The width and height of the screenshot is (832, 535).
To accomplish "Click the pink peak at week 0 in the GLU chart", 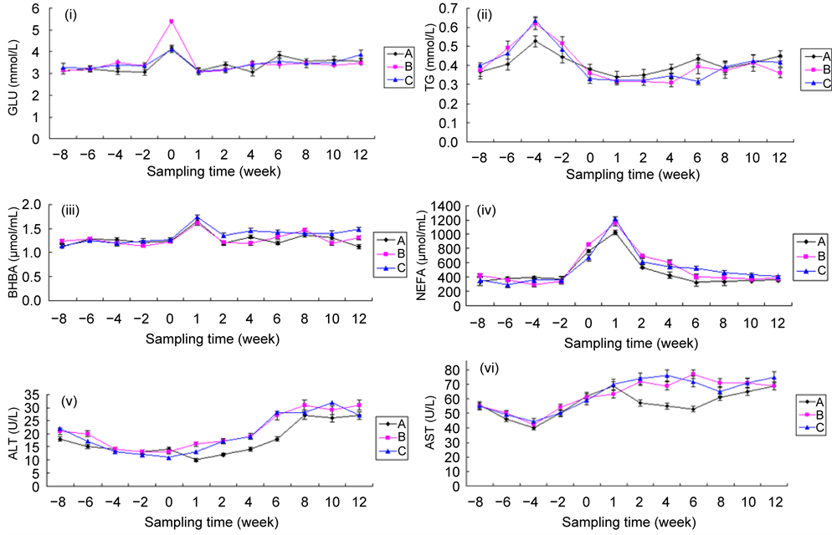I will [x=171, y=22].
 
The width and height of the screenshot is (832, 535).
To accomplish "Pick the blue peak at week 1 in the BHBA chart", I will [x=196, y=217].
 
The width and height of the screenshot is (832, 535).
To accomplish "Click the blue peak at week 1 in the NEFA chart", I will [x=614, y=220].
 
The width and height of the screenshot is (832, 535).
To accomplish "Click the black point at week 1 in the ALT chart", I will [x=196, y=460].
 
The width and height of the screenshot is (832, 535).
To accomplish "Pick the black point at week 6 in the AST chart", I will [x=693, y=409].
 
